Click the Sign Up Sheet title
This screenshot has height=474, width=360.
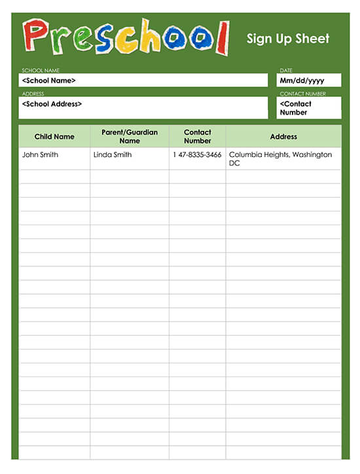(x=288, y=39)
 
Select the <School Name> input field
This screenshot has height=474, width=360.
(x=143, y=81)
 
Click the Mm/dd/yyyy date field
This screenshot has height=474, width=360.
(x=308, y=81)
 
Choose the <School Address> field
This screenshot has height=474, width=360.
(x=143, y=107)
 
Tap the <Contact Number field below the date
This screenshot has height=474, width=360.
(x=308, y=108)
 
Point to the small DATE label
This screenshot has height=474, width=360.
(x=286, y=70)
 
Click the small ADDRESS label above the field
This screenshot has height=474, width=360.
(x=33, y=94)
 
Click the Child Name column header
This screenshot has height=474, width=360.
(x=54, y=137)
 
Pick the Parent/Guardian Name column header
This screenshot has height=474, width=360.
(x=130, y=136)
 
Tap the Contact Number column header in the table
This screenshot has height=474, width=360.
(x=198, y=136)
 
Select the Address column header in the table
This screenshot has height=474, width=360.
(x=283, y=137)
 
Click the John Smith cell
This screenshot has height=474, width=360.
(x=40, y=155)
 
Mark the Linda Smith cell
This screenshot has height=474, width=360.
(x=113, y=155)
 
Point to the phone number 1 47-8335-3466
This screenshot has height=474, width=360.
(x=197, y=155)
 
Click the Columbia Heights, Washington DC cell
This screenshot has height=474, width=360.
(x=280, y=158)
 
